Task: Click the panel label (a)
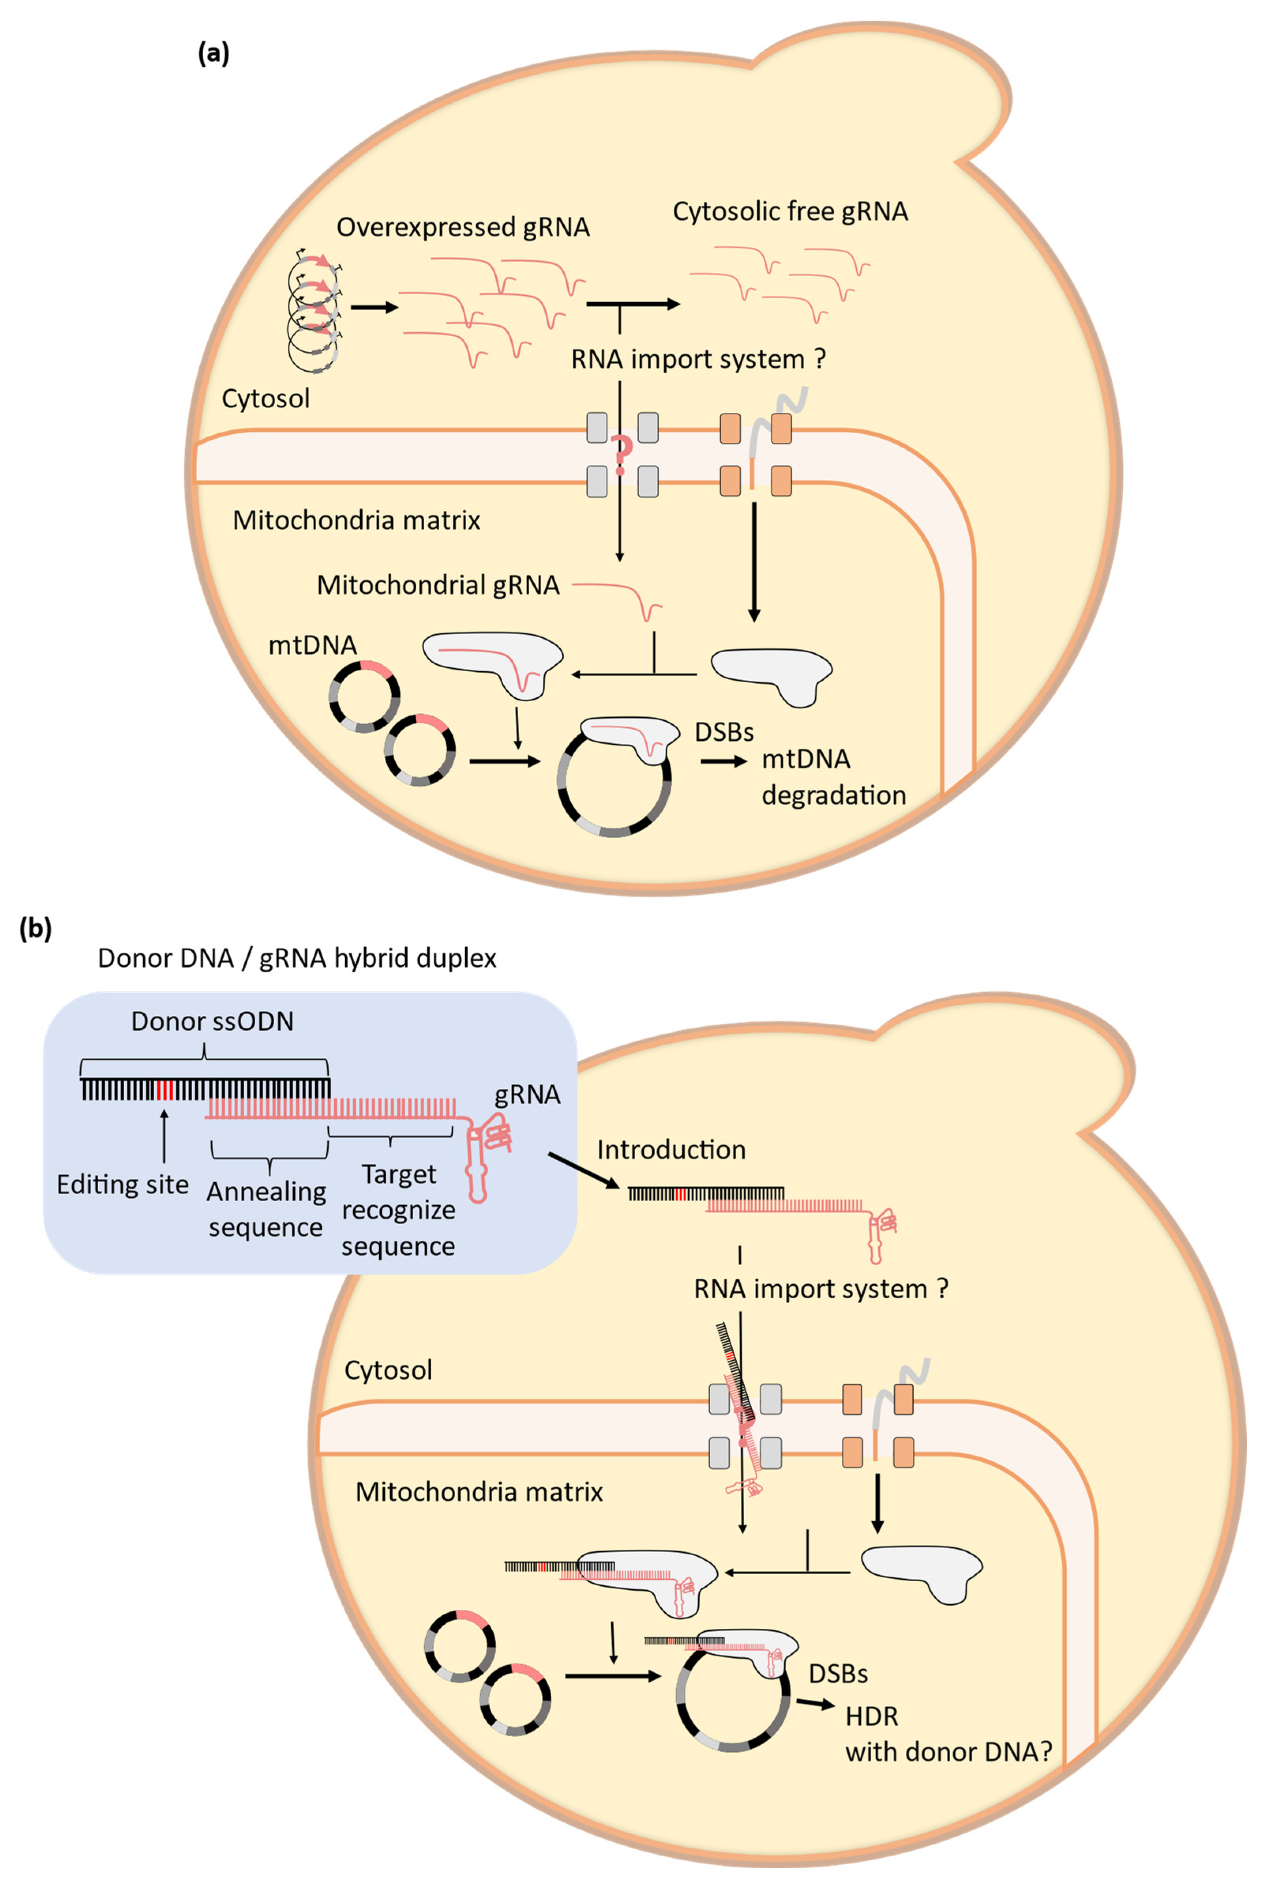tap(213, 53)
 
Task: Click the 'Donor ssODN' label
tap(212, 1021)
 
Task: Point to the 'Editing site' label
tap(123, 1184)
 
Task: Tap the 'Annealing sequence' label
tap(266, 1208)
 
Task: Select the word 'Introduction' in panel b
tap(671, 1150)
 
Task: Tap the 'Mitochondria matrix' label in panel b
tap(479, 1492)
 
